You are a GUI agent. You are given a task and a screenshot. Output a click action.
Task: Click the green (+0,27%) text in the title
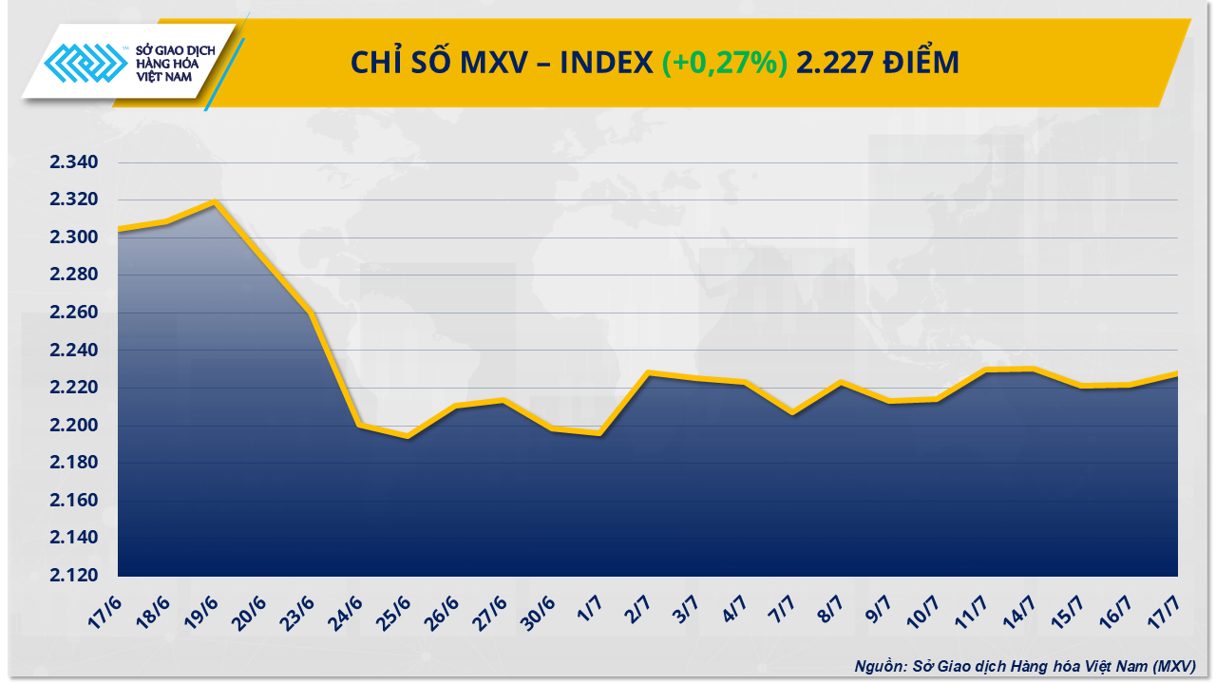click(x=725, y=63)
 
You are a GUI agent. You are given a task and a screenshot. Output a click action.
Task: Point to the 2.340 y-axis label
click(x=74, y=162)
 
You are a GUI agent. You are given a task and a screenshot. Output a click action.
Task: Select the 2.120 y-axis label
click(x=74, y=576)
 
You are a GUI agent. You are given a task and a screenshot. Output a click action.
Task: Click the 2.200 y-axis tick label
click(x=74, y=426)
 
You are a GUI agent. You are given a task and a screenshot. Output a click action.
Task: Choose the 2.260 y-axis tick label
click(x=74, y=313)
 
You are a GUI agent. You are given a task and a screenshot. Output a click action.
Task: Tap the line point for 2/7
click(x=648, y=373)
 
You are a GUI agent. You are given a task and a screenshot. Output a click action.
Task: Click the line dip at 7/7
click(x=792, y=412)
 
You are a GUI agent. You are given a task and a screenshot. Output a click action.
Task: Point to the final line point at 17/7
click(x=1177, y=374)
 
